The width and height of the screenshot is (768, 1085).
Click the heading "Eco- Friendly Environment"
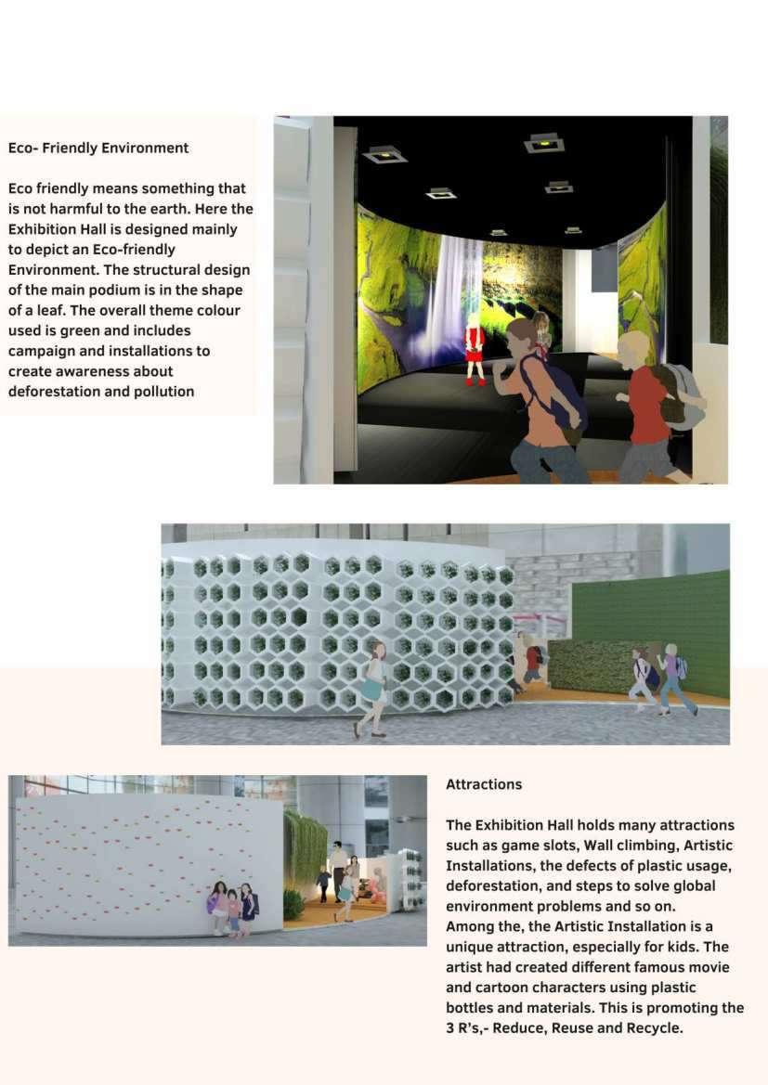pos(98,149)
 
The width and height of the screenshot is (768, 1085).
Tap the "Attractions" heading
pos(484,784)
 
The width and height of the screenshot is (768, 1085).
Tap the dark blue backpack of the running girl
pos(555,390)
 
